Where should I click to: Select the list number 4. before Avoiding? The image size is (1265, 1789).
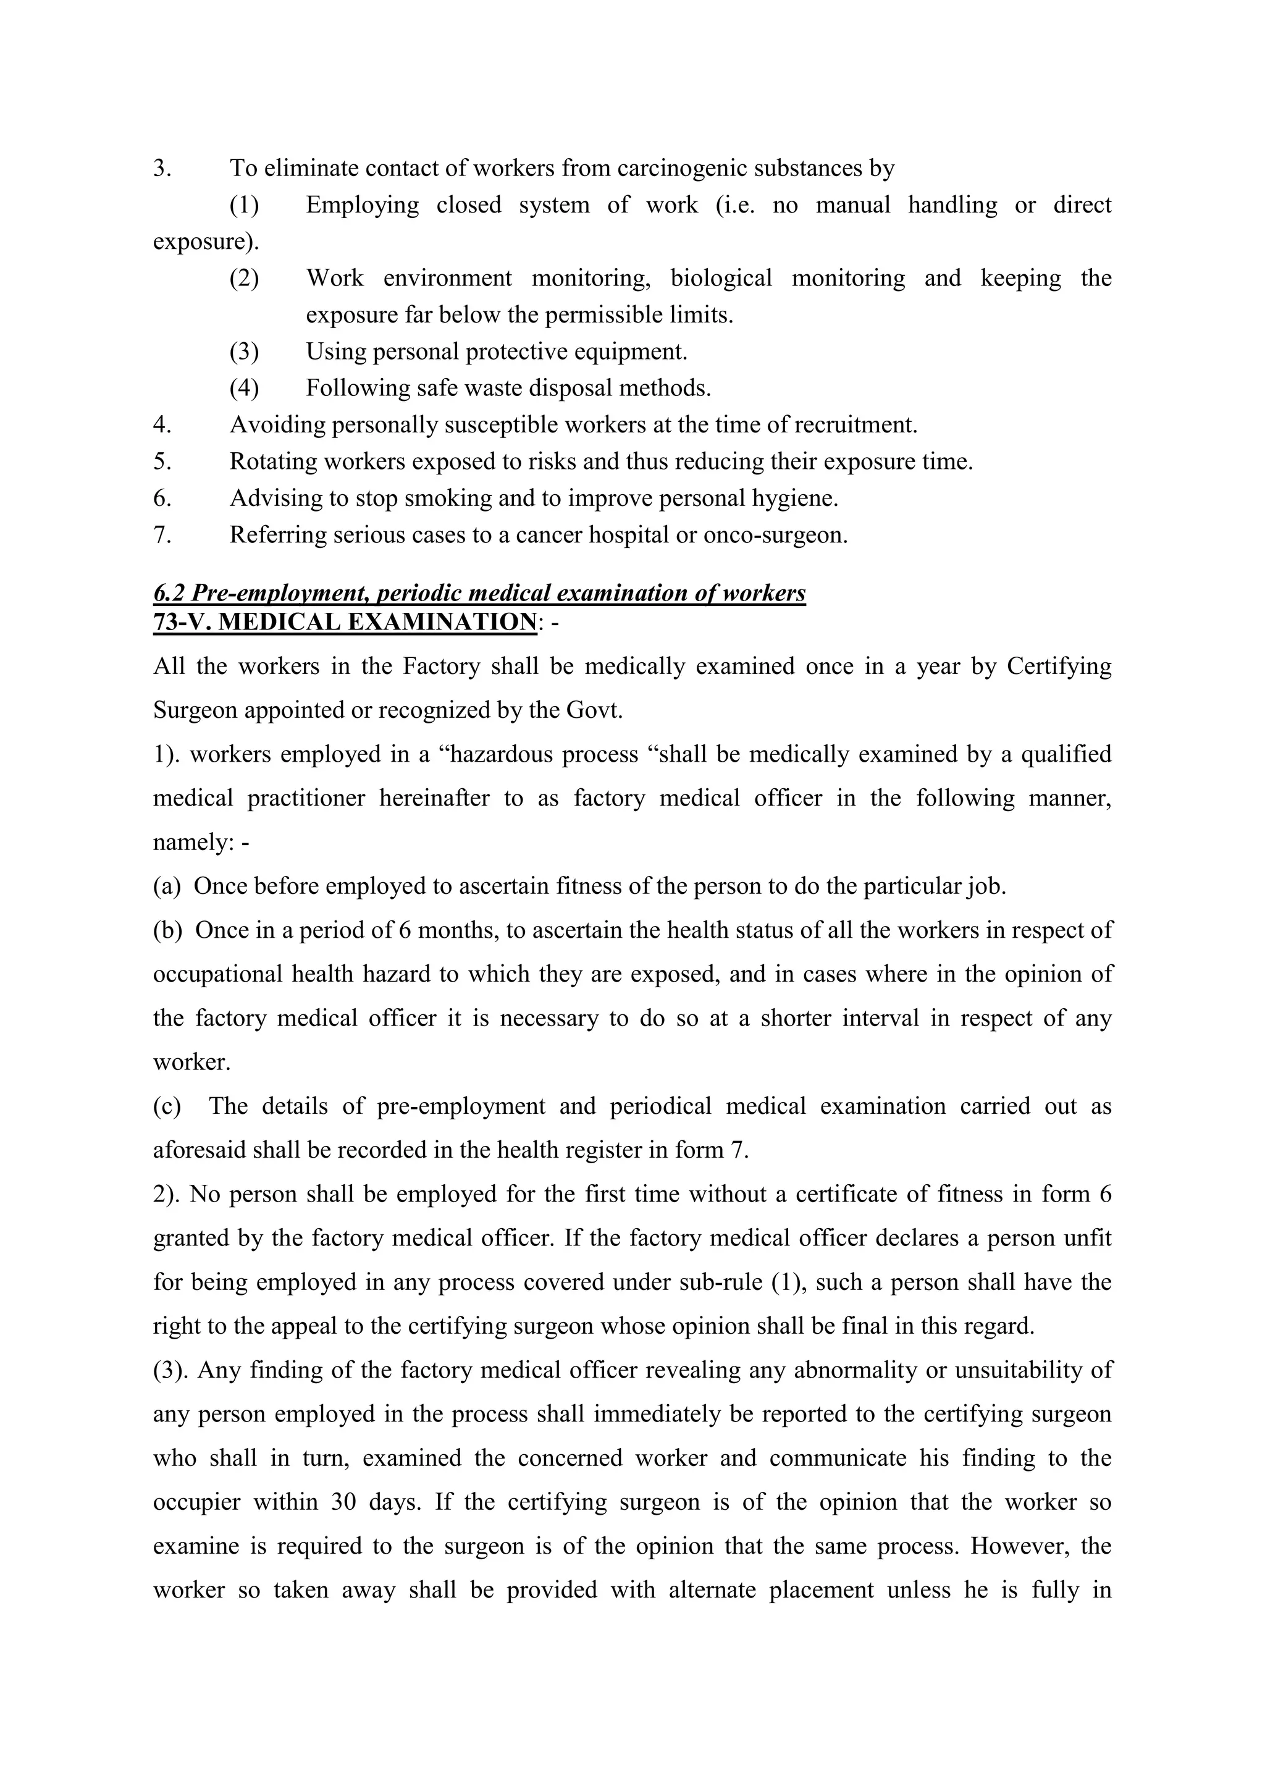[x=162, y=426]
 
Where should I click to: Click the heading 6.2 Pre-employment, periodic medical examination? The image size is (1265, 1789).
[x=479, y=594]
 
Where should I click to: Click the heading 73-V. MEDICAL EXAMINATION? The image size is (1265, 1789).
[x=345, y=623]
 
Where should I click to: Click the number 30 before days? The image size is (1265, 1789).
[x=343, y=1502]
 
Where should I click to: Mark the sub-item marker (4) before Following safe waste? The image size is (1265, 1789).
[x=244, y=388]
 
